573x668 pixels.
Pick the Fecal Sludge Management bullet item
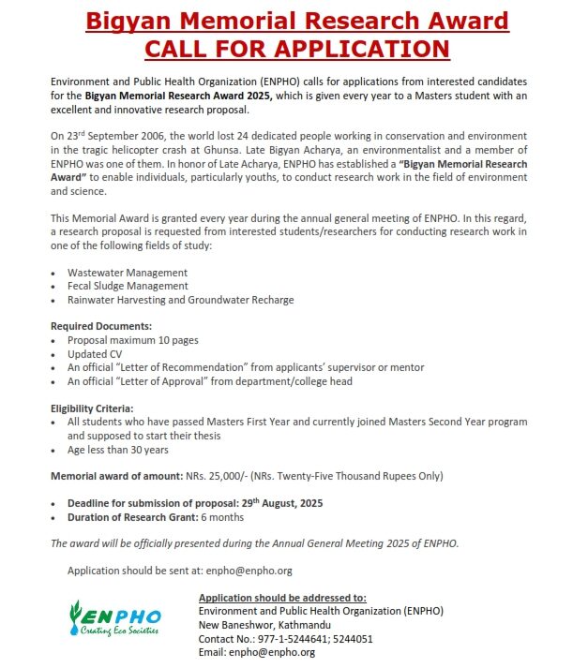[128, 286]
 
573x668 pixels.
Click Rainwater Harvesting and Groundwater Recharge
[180, 300]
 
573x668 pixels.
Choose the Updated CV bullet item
[95, 354]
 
